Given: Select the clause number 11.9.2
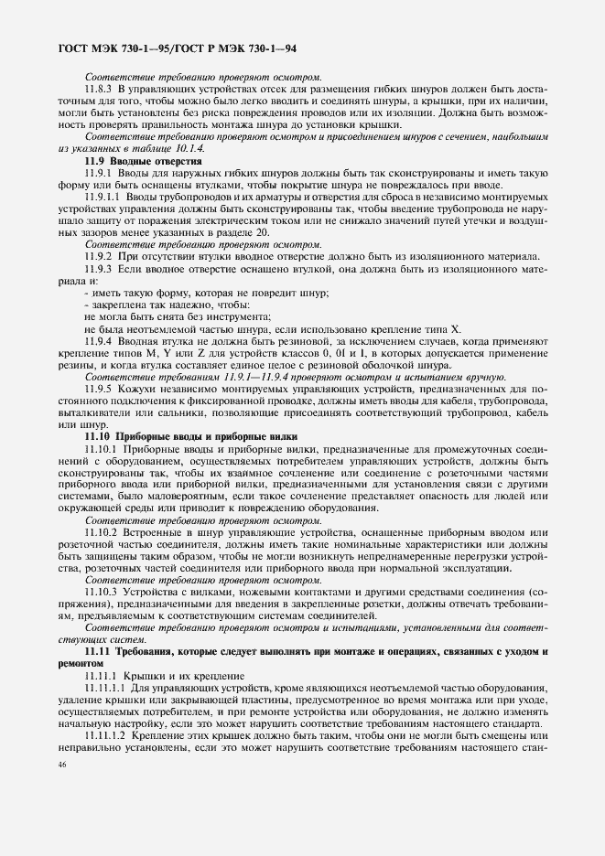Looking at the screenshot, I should pos(97,255).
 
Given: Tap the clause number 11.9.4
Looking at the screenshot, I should pos(97,339).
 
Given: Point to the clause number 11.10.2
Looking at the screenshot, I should pos(101,531).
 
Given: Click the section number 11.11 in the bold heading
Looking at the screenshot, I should pos(97,649).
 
